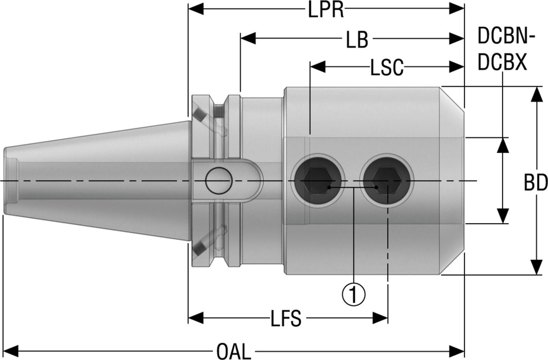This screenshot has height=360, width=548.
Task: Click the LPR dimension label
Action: (x=325, y=10)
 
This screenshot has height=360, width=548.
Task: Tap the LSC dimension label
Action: (x=386, y=68)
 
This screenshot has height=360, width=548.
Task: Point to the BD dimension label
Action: (x=535, y=183)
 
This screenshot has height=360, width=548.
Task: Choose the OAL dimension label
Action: (x=233, y=352)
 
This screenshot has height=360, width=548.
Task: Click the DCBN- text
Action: (x=505, y=37)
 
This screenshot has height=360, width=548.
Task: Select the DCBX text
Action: (x=502, y=63)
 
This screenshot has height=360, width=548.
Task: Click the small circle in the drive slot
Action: (x=218, y=181)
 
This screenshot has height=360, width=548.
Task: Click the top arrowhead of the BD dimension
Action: (x=536, y=93)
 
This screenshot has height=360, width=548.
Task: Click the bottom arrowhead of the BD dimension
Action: (x=536, y=269)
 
